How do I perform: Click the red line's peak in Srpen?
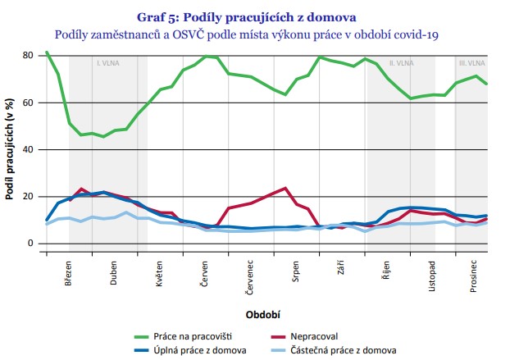tap(285, 188)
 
